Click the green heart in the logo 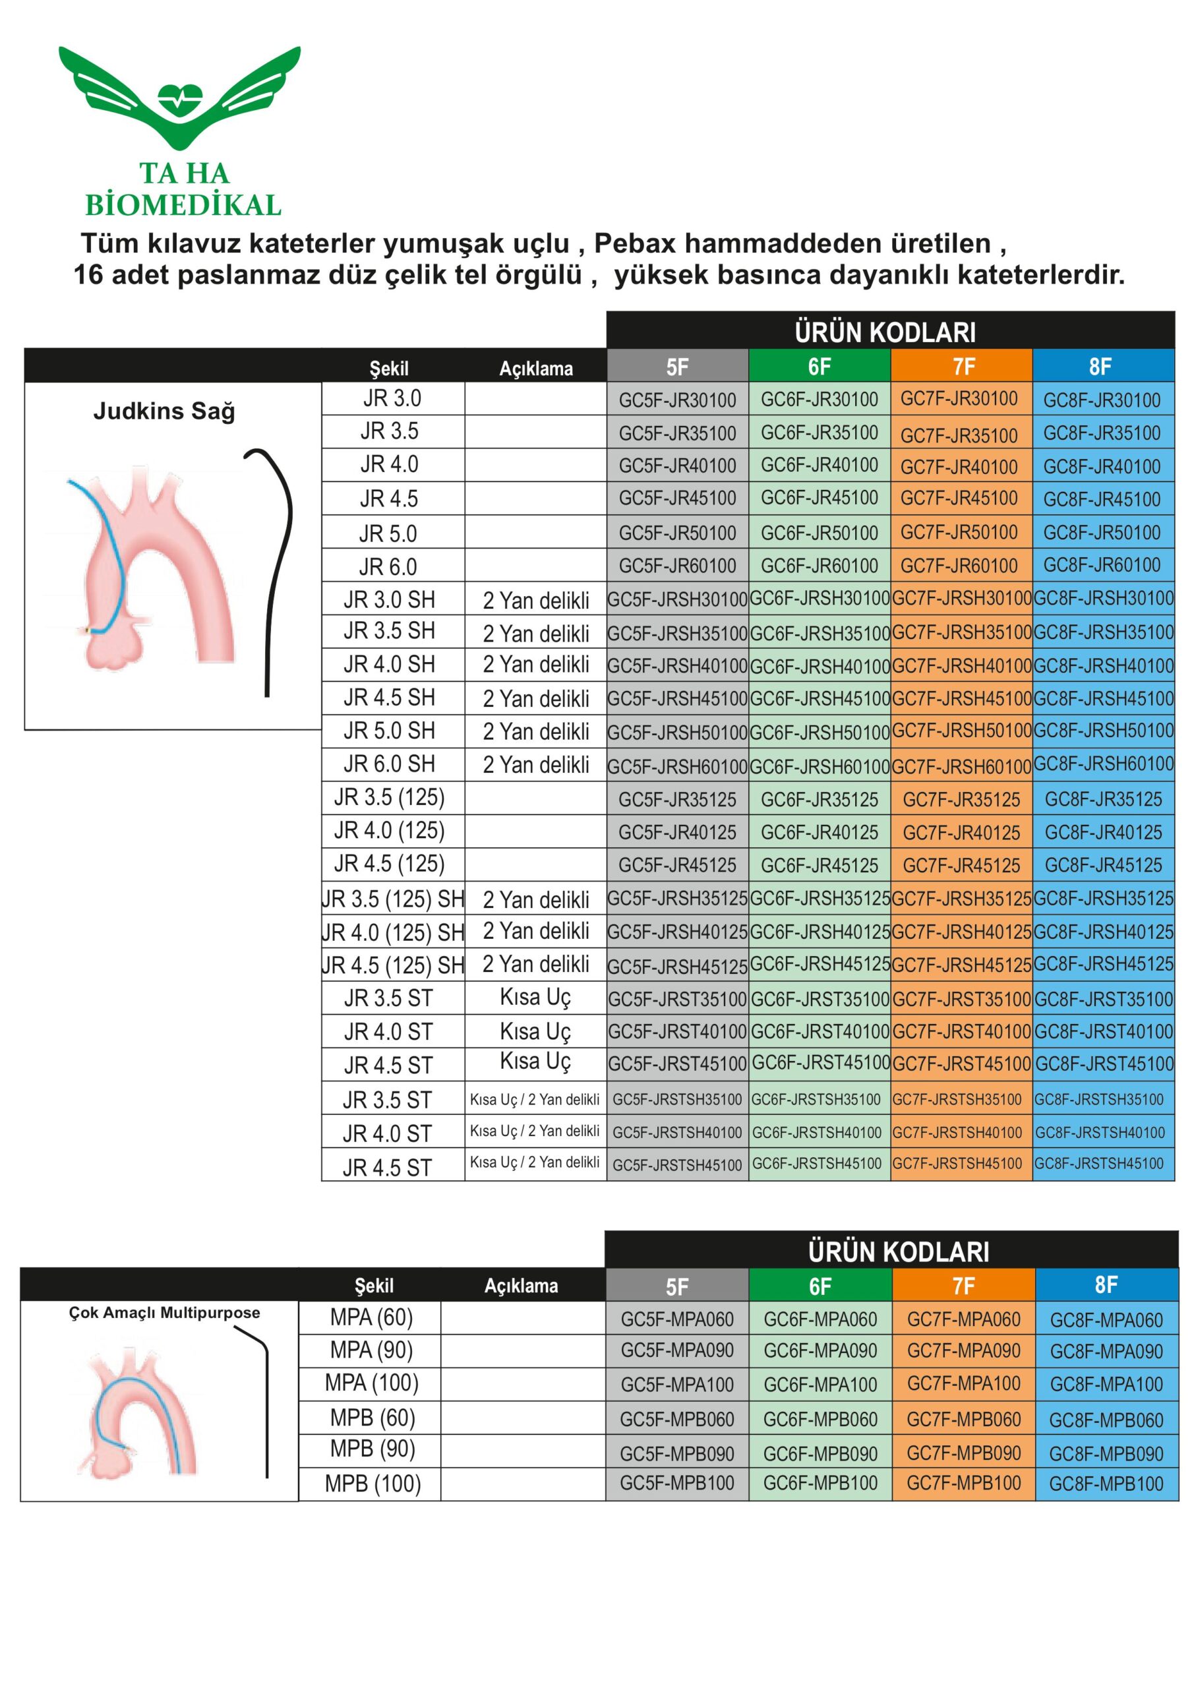pyautogui.click(x=179, y=98)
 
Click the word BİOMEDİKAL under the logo pyautogui.click(x=183, y=205)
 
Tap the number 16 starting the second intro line pyautogui.click(x=88, y=275)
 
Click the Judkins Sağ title pyautogui.click(x=164, y=410)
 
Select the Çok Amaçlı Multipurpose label pyautogui.click(x=164, y=1312)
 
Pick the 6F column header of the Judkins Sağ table pyautogui.click(x=819, y=365)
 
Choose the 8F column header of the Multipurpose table pyautogui.click(x=1106, y=1285)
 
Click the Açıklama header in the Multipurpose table pyautogui.click(x=521, y=1286)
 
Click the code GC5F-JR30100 pyautogui.click(x=677, y=400)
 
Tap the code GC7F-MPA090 pyautogui.click(x=963, y=1350)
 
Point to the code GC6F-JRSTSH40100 pyautogui.click(x=816, y=1132)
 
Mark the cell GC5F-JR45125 pyautogui.click(x=677, y=865)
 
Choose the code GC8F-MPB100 pyautogui.click(x=1106, y=1484)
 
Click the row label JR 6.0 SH pyautogui.click(x=389, y=765)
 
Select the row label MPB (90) pyautogui.click(x=372, y=1449)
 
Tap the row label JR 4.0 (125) pyautogui.click(x=389, y=831)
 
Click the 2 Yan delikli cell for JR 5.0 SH pyautogui.click(x=535, y=731)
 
